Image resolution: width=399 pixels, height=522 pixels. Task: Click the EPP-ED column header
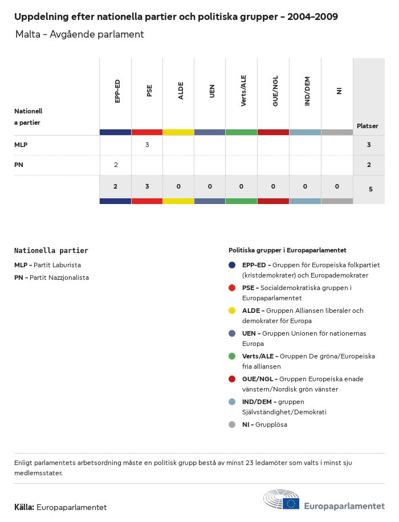tap(117, 91)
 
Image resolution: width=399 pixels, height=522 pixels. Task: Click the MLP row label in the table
tap(21, 145)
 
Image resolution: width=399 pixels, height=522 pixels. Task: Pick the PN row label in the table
tap(18, 165)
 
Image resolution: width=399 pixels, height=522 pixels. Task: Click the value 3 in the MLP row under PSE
tap(147, 145)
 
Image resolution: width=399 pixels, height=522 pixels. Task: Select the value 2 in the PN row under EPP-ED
tap(116, 165)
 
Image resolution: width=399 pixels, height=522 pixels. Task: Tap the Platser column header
tap(367, 126)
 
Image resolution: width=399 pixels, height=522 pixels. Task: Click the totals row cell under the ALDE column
tap(178, 186)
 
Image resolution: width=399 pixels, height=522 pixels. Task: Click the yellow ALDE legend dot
tap(232, 311)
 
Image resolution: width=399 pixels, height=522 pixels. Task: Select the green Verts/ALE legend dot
tap(232, 356)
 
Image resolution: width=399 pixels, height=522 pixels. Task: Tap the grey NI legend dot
tap(232, 425)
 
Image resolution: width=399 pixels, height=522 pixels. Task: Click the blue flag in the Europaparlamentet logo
tap(291, 503)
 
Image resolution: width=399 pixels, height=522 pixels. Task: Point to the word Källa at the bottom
tap(24, 507)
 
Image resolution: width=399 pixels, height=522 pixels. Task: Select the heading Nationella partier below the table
tap(51, 250)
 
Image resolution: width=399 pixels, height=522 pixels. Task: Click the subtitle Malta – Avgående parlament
tap(80, 34)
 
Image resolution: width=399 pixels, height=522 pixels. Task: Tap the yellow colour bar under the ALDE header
tap(178, 132)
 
